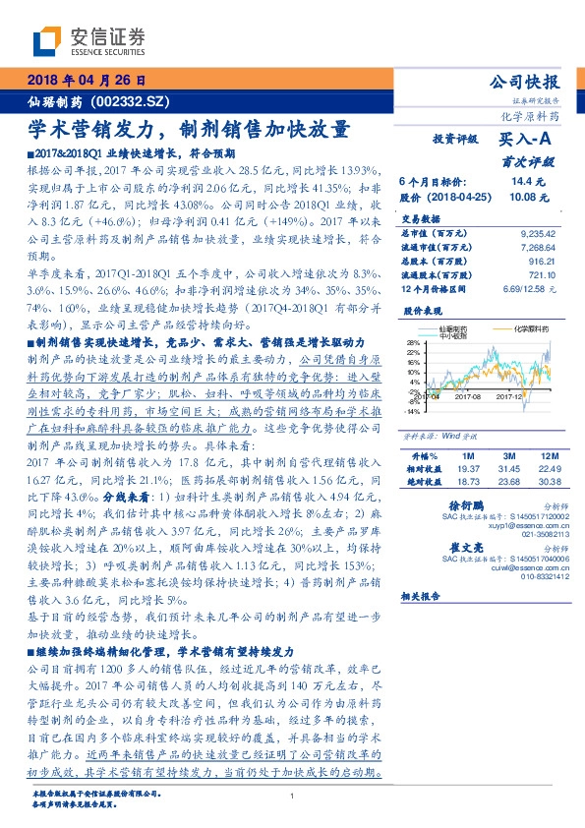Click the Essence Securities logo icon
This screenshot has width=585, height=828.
click(48, 41)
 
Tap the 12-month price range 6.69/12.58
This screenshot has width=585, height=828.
click(530, 290)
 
